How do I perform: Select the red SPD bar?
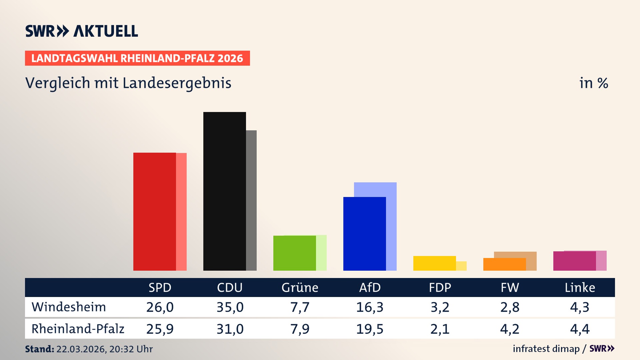pyautogui.click(x=154, y=211)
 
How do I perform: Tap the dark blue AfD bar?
pyautogui.click(x=364, y=233)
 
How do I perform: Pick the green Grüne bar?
pyautogui.click(x=294, y=253)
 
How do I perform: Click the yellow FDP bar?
pyautogui.click(x=434, y=263)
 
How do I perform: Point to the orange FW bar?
pyautogui.click(x=504, y=264)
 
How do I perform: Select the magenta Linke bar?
pyautogui.click(x=574, y=261)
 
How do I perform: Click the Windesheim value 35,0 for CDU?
pyautogui.click(x=230, y=307)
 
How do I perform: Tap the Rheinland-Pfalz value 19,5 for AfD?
pyautogui.click(x=370, y=329)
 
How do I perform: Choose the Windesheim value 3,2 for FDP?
pyautogui.click(x=440, y=307)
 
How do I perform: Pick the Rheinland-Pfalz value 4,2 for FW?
pyautogui.click(x=510, y=329)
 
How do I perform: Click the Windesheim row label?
pyautogui.click(x=69, y=307)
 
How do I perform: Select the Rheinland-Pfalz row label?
pyautogui.click(x=78, y=329)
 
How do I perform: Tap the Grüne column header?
pyautogui.click(x=300, y=287)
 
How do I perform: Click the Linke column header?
pyautogui.click(x=580, y=287)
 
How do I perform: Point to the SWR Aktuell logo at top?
pyautogui.click(x=82, y=31)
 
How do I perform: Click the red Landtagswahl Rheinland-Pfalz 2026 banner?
pyautogui.click(x=137, y=58)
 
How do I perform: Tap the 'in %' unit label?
pyautogui.click(x=593, y=83)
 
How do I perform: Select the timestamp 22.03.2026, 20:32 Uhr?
pyautogui.click(x=104, y=349)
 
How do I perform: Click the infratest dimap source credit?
pyautogui.click(x=546, y=349)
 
